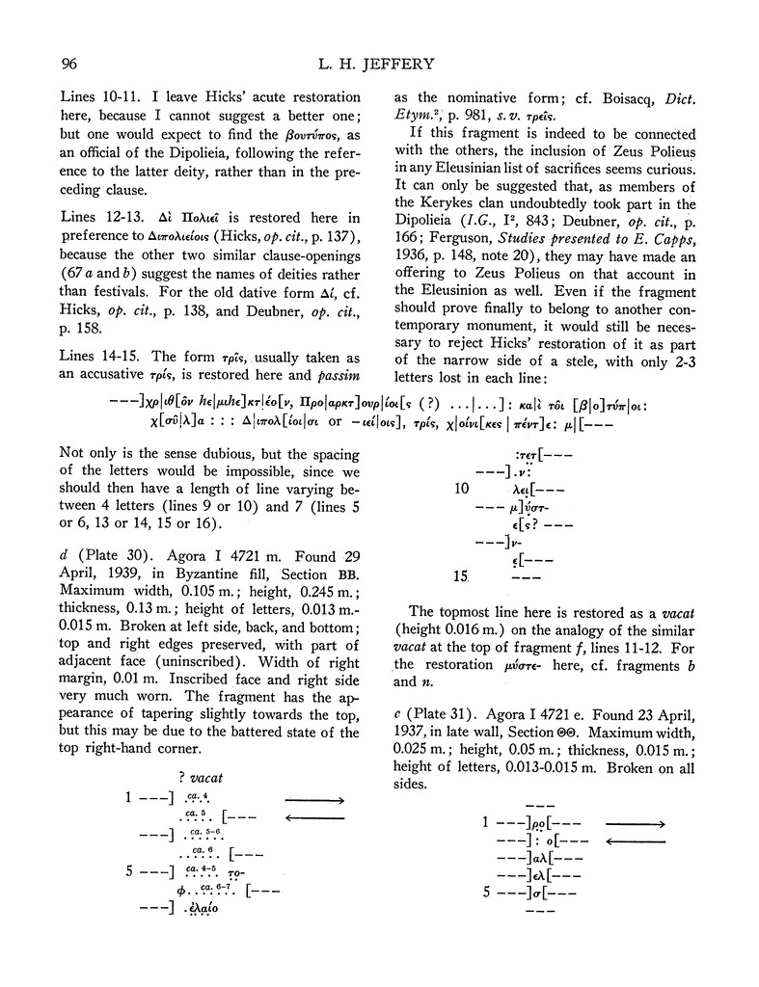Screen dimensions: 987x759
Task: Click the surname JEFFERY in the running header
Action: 429,66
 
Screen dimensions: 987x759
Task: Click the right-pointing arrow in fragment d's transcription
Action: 314,800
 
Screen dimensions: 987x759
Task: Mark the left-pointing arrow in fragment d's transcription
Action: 314,818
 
